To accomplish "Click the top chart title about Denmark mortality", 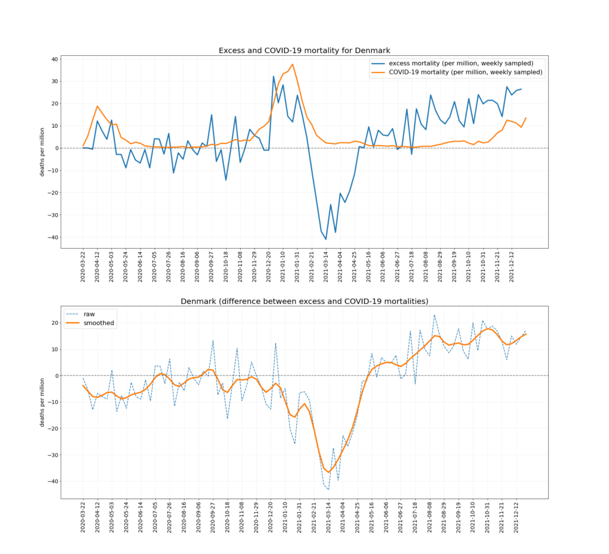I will click(x=304, y=51).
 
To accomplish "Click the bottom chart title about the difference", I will click(x=304, y=301).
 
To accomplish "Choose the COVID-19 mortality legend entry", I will click(x=465, y=72).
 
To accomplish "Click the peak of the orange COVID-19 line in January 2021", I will click(x=293, y=64).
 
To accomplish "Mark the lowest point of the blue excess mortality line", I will click(x=326, y=239).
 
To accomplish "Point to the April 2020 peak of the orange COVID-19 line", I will click(x=98, y=106).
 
